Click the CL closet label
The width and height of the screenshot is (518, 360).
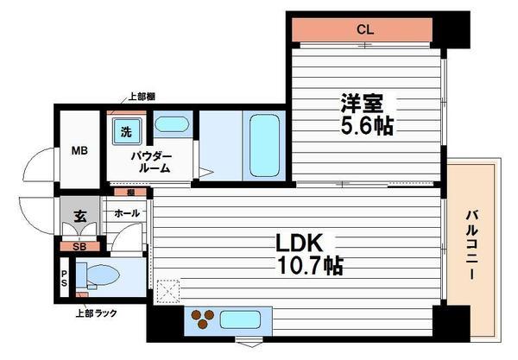click(366, 28)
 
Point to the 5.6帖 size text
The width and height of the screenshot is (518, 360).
click(366, 127)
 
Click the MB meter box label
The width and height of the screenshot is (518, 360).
click(79, 151)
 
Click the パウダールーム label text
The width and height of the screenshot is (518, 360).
click(152, 162)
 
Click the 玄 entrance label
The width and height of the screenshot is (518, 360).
click(79, 216)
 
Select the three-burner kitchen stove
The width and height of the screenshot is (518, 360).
click(204, 319)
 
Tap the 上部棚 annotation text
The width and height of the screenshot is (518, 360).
click(142, 97)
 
